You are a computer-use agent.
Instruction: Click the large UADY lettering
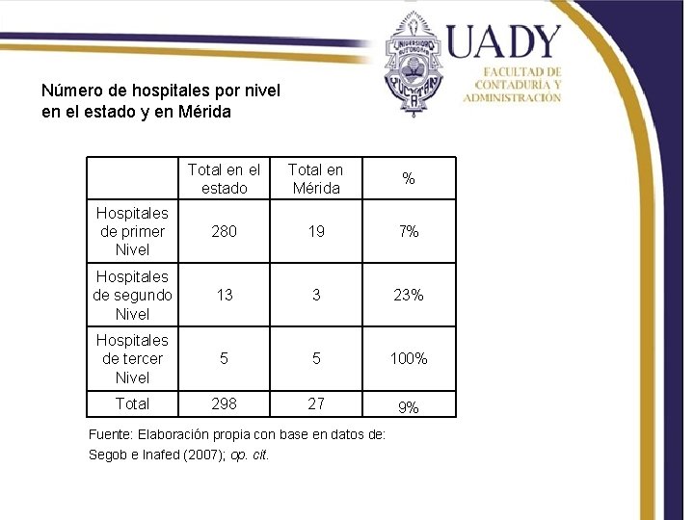502,42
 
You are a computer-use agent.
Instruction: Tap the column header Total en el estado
224,179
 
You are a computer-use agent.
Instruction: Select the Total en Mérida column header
315,179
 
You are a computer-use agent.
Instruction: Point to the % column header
409,179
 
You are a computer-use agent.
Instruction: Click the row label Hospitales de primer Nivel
132,231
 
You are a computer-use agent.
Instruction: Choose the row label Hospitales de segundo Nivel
132,295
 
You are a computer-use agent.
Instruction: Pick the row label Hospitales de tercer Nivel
132,358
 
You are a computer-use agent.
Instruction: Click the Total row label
132,403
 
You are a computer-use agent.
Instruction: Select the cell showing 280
224,231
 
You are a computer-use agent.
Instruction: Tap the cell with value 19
315,231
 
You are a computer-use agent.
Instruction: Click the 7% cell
409,231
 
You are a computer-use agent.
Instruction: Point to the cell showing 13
224,295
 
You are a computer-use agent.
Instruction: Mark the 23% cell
409,295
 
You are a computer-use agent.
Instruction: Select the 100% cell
409,358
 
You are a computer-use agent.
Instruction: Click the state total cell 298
224,403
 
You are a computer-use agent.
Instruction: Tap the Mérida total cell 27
315,403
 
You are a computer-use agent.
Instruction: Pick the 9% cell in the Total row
409,407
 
